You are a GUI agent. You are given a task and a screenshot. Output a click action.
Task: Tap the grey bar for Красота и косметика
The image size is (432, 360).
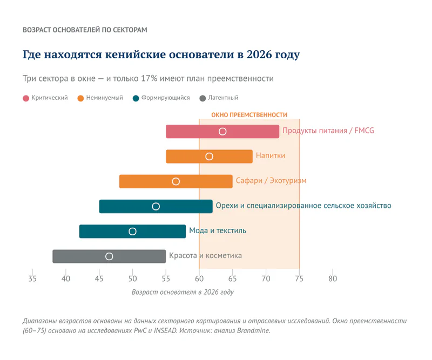coord(135,256)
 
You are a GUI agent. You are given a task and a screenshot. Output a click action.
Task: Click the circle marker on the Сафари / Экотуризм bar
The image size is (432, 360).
coord(175,181)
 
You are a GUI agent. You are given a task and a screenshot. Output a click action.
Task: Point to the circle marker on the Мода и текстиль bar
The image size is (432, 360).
coord(132,232)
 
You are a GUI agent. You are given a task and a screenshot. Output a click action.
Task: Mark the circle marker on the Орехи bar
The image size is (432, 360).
coord(156,206)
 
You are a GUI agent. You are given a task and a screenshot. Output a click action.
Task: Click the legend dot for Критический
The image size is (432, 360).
coord(26,98)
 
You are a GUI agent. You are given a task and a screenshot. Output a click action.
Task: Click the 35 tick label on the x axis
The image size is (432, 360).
coord(32,279)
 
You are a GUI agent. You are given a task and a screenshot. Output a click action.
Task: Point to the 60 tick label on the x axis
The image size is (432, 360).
coord(199,279)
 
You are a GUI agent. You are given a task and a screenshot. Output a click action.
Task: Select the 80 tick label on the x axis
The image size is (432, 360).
coord(333,279)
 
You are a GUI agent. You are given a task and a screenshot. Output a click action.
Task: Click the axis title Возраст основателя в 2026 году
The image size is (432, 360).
coord(183,292)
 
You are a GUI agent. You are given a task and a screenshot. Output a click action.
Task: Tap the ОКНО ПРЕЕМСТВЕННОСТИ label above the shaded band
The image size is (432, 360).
coord(249,115)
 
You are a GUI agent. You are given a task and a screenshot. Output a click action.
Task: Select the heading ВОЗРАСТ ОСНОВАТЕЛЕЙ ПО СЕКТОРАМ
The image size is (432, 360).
coord(85,30)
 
